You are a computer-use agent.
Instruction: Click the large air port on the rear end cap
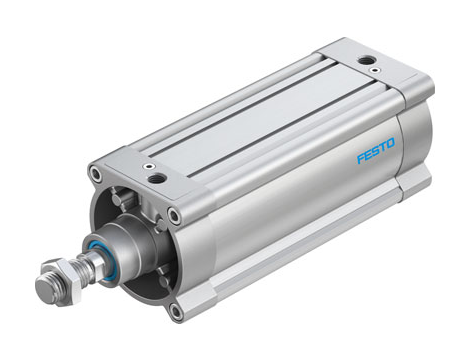370,61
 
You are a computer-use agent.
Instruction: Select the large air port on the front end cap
157,179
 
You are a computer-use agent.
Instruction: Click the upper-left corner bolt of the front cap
94,175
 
